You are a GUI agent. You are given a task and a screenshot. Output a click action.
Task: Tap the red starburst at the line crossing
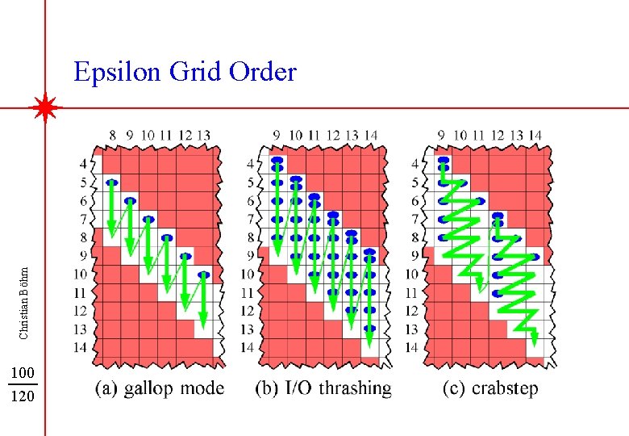[x=45, y=107]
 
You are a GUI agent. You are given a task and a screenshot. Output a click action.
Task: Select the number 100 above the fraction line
[x=23, y=373]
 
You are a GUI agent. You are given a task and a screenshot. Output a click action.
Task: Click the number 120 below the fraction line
[x=23, y=396]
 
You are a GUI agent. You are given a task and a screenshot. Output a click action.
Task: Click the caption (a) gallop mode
[x=160, y=388]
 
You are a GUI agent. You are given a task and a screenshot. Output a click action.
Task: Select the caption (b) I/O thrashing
[x=323, y=388]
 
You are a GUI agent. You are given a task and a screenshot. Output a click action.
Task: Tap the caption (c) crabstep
[x=490, y=388]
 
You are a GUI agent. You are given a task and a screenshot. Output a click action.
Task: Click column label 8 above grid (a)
[x=112, y=135]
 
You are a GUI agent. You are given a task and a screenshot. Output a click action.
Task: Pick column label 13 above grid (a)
[x=204, y=135]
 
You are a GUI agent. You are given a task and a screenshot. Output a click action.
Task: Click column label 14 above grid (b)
[x=371, y=135]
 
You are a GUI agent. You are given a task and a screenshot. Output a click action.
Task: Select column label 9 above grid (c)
[x=441, y=135]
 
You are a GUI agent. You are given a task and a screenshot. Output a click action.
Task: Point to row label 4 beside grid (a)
[x=85, y=163]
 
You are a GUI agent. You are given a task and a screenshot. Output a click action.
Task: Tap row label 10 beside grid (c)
[x=412, y=275]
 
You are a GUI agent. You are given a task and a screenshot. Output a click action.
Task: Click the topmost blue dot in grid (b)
[x=277, y=161]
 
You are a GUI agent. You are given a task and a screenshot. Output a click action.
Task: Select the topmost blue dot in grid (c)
[x=442, y=161]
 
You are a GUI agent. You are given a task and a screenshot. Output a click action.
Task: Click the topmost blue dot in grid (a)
[x=111, y=182]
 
